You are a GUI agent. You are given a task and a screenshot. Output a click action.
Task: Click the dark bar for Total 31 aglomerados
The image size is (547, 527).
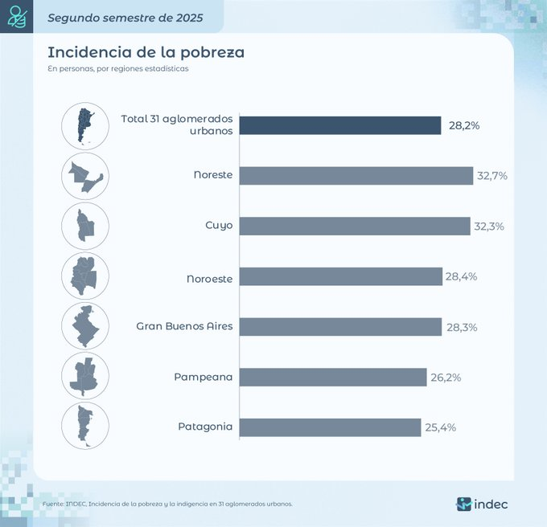[x=340, y=125]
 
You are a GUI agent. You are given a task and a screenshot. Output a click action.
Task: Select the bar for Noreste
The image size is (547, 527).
[x=356, y=176]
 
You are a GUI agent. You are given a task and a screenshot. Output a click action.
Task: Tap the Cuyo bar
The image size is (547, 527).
[x=355, y=226]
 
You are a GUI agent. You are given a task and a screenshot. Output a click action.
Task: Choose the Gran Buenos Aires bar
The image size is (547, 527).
[x=340, y=327]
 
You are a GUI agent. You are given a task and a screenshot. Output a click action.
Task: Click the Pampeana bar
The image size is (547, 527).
[x=333, y=377]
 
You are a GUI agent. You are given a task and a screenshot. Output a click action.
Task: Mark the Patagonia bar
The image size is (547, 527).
[x=330, y=427]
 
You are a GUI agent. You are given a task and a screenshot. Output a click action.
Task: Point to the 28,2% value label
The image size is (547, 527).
[x=464, y=126]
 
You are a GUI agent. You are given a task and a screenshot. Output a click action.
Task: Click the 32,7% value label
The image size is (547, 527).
[x=491, y=176]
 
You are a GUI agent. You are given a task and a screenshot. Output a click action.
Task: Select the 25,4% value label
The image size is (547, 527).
[x=440, y=427]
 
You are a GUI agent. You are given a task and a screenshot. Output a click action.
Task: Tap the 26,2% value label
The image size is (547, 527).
[x=445, y=377]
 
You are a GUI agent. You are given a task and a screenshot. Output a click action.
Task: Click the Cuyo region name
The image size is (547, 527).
[x=219, y=226]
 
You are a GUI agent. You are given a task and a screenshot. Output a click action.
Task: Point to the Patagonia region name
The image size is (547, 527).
[x=205, y=427]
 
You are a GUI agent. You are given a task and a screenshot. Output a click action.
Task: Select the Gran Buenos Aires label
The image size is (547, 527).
[x=184, y=326]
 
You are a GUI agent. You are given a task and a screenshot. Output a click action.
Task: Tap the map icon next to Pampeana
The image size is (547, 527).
[x=84, y=375]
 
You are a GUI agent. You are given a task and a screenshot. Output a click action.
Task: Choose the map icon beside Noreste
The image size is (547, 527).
[x=84, y=175]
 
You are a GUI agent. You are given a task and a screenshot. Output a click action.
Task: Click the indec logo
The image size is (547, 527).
[x=483, y=504]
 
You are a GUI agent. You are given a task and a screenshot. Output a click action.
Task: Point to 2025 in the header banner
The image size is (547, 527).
[x=187, y=16]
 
